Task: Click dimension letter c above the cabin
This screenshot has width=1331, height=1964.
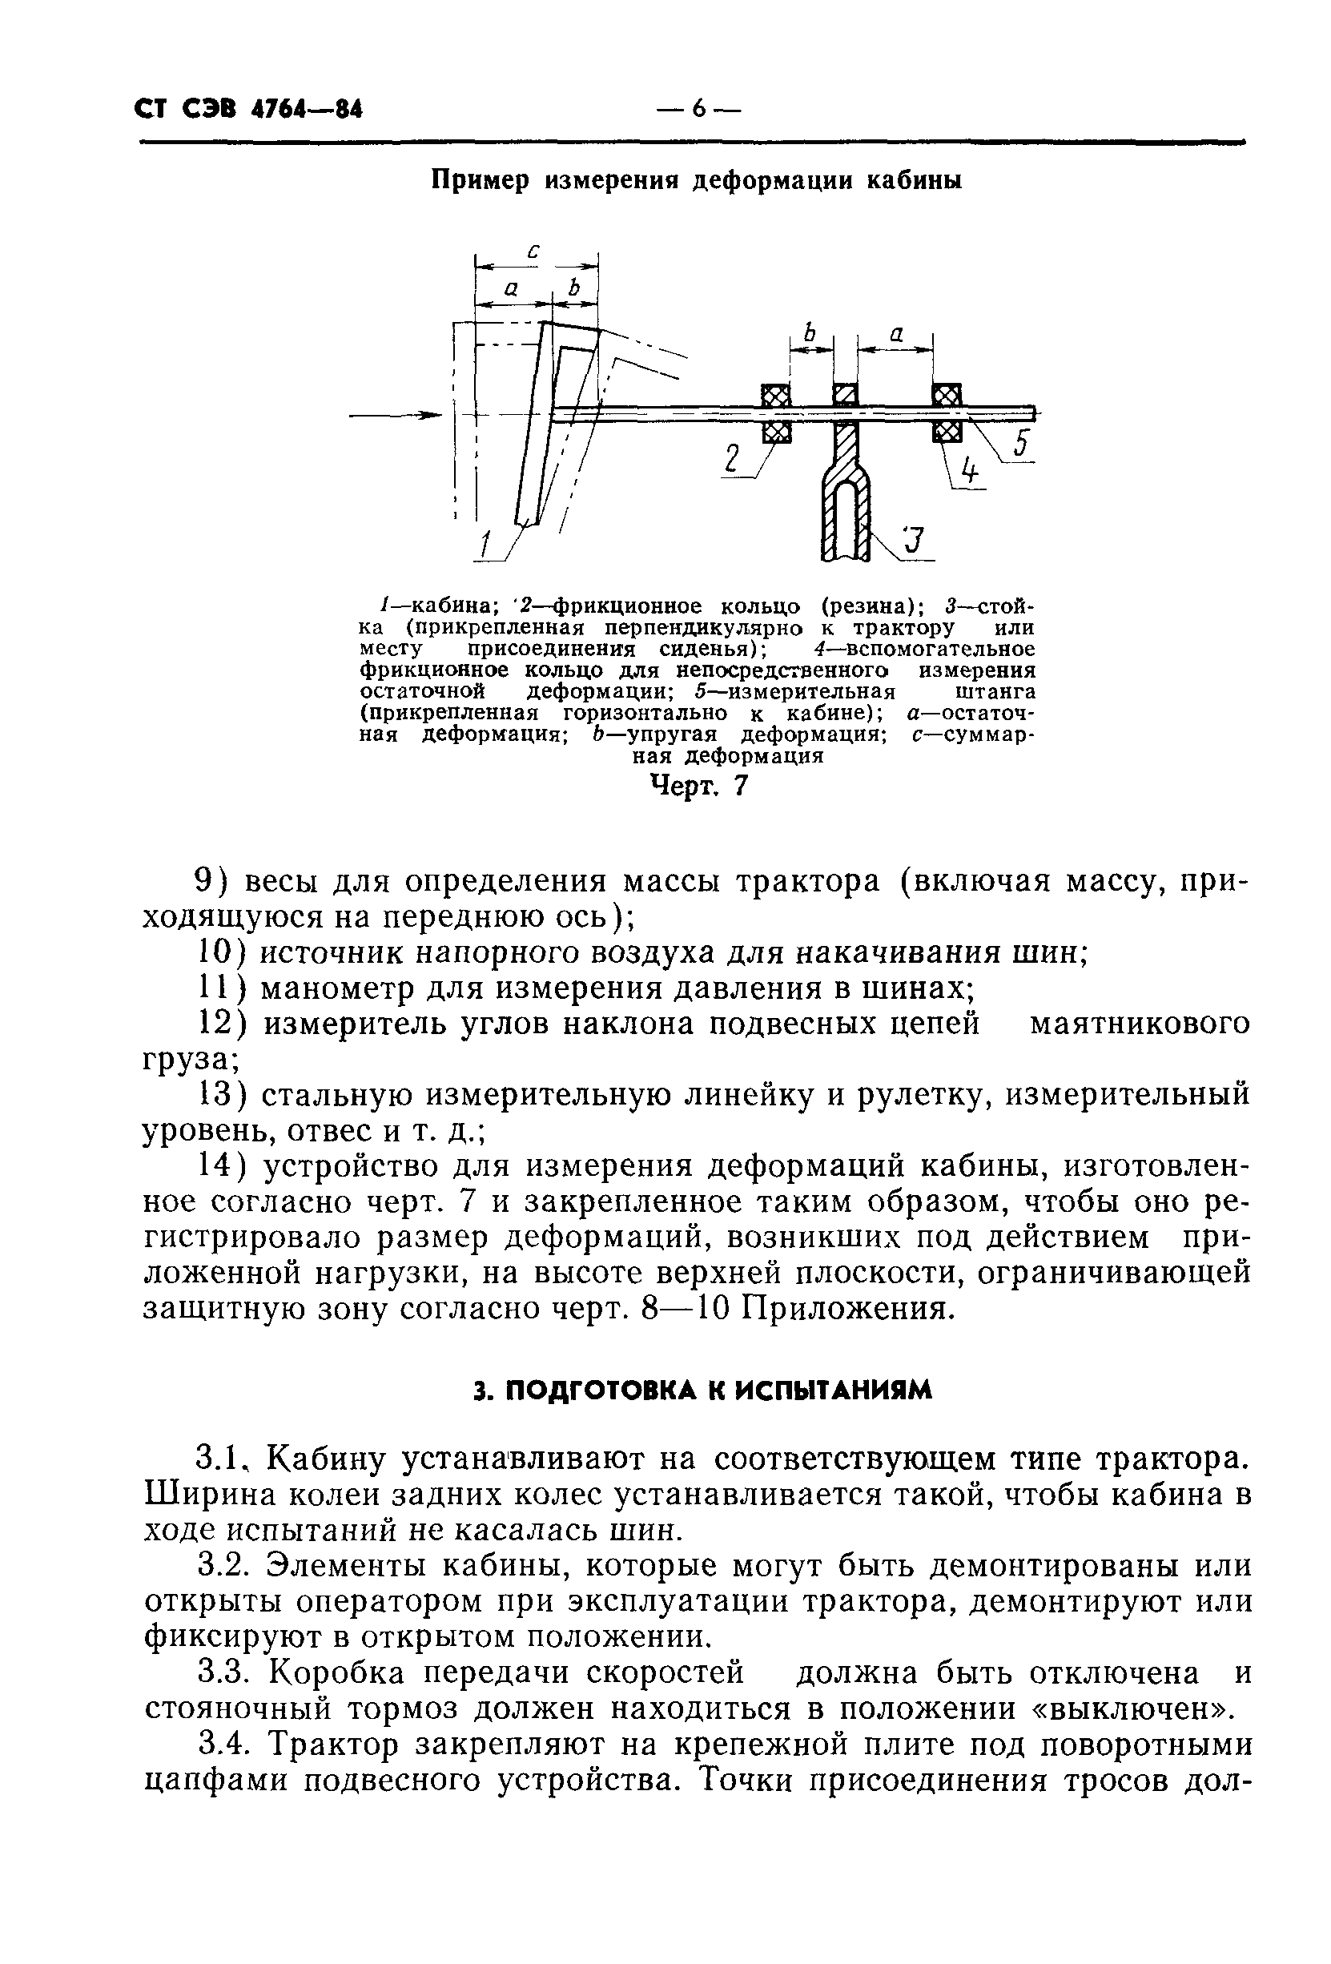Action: coord(534,251)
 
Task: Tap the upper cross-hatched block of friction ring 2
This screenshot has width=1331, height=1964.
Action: coord(776,395)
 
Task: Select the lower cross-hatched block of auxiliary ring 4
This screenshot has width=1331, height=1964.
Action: coord(947,432)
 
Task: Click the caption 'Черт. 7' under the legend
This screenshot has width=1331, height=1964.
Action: coord(698,787)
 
